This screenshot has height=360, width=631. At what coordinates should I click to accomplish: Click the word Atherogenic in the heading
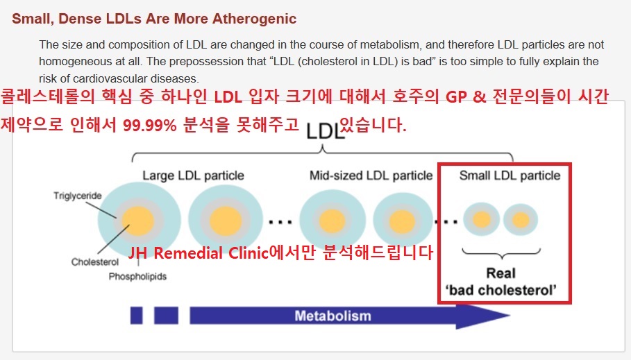coord(254,19)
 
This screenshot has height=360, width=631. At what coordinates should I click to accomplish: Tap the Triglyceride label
coord(78,196)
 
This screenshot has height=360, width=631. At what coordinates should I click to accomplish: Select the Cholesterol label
coord(95,262)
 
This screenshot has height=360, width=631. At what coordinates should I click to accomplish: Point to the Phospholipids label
coord(137,277)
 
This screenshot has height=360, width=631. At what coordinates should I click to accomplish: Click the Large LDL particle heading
coord(193,175)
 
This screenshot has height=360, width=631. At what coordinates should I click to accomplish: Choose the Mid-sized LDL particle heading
coord(371,175)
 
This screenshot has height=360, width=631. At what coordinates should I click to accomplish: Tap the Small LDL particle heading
coord(510,175)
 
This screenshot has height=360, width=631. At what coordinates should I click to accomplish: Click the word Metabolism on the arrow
coord(333,316)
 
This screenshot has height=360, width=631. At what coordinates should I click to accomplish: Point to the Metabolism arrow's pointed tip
coord(510,316)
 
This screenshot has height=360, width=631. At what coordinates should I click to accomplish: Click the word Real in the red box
coord(501,273)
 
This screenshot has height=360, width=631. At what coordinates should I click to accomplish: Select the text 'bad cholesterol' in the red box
coord(501,290)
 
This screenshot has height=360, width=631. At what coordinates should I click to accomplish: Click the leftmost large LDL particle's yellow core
coord(137,221)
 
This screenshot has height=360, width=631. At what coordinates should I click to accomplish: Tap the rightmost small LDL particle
coord(521,220)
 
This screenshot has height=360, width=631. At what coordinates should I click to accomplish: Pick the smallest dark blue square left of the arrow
coord(137,316)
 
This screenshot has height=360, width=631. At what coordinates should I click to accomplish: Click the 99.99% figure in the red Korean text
coord(150,126)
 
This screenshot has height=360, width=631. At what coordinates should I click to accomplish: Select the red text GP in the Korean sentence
coord(456,97)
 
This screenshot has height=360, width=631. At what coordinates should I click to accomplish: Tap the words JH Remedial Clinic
coord(198,253)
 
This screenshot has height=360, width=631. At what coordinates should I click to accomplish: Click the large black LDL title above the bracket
coord(325,131)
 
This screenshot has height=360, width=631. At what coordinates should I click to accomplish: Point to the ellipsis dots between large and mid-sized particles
coord(280,222)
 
